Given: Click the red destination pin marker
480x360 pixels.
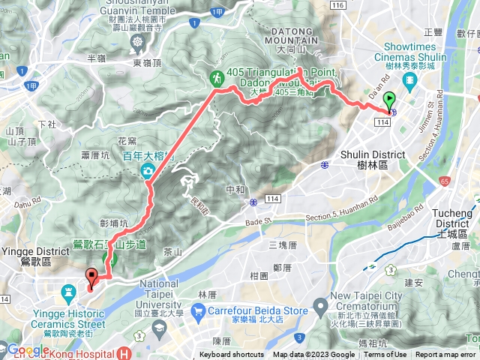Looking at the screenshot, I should pos(91,277).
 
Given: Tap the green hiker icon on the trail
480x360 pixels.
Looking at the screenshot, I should pos(216,77).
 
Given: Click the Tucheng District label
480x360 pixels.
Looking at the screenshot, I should pos(454,218).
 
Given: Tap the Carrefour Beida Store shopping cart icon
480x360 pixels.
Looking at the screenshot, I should pos(198,310).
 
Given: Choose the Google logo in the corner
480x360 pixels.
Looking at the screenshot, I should pos(28,350).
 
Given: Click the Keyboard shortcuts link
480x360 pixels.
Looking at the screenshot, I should pos(232,355).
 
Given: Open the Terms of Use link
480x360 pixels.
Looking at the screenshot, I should pos(385,355).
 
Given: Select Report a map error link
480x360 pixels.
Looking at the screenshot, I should pos(446,355).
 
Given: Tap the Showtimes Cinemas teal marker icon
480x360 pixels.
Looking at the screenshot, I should pos(409,80).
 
